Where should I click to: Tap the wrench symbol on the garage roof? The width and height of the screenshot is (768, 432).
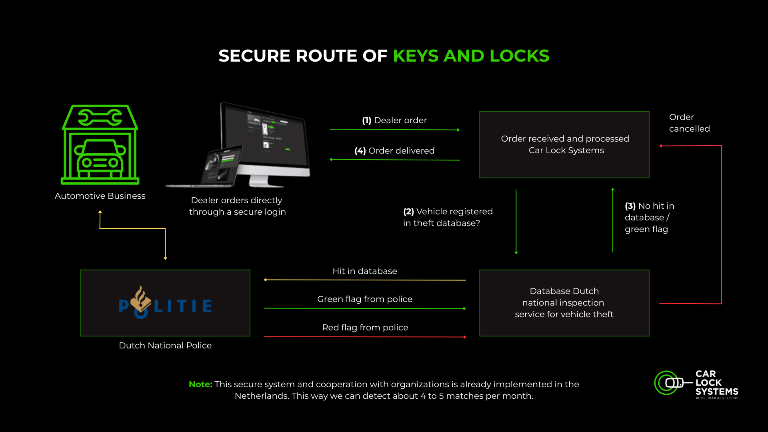100,118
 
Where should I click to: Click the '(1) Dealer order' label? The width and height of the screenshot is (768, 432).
394,120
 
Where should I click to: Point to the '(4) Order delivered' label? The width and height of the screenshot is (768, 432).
394,151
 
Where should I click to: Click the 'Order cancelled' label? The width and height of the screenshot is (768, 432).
689,123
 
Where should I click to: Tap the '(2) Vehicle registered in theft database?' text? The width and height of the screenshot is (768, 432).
448,217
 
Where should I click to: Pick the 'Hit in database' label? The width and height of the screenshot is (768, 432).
365,271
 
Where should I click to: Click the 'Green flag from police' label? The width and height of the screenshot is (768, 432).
365,299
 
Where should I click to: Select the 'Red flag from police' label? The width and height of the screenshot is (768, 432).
365,328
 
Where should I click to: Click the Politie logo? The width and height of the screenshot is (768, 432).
165,304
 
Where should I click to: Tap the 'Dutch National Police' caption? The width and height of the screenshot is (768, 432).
165,346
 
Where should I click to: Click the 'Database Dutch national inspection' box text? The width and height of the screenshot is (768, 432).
564,303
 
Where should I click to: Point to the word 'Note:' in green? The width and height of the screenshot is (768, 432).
200,384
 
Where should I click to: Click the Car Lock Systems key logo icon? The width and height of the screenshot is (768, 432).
672,383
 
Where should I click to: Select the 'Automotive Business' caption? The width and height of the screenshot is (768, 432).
100,196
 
